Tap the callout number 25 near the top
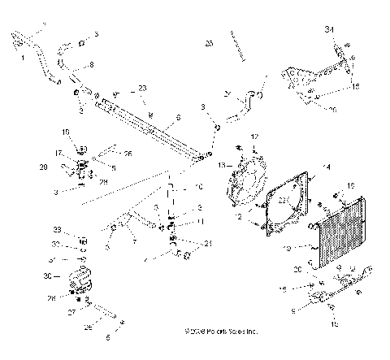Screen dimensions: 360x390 click(209, 41)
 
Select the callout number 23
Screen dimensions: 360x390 click(143, 88)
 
